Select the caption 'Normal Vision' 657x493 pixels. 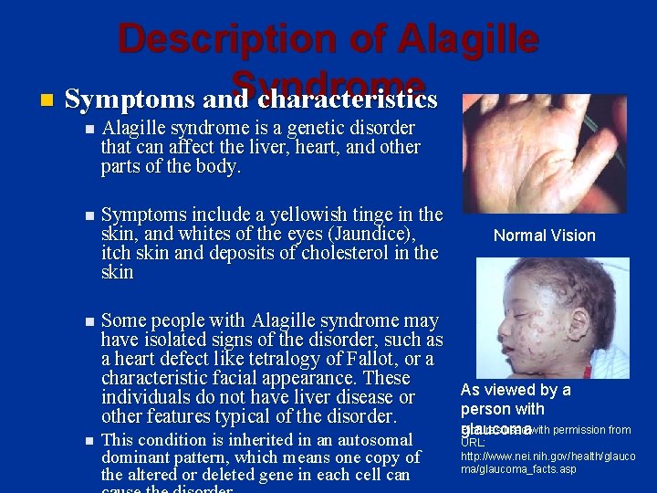[544, 236]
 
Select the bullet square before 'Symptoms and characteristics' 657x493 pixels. [46, 98]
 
